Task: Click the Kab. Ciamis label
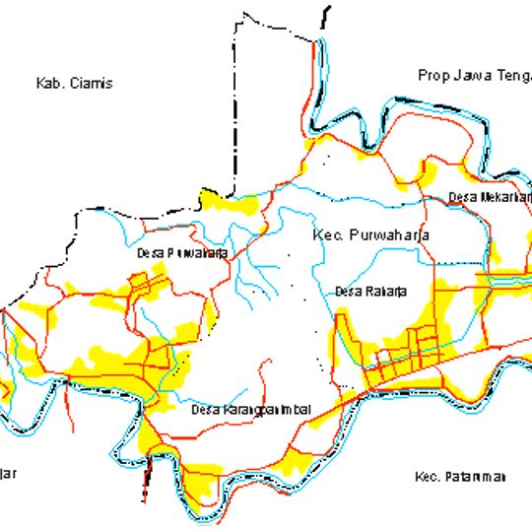[x=74, y=84]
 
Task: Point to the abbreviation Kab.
[x=48, y=84]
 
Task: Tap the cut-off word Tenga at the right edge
[x=511, y=76]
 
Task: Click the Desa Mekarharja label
[x=489, y=197]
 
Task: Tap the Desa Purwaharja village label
[x=182, y=252]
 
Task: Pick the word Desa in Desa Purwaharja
[x=150, y=252]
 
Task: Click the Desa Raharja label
[x=370, y=291]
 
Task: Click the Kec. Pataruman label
[x=460, y=477]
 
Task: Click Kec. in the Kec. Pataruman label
[x=426, y=477]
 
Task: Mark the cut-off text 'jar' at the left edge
[x=8, y=473]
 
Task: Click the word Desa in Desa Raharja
[x=348, y=291]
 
